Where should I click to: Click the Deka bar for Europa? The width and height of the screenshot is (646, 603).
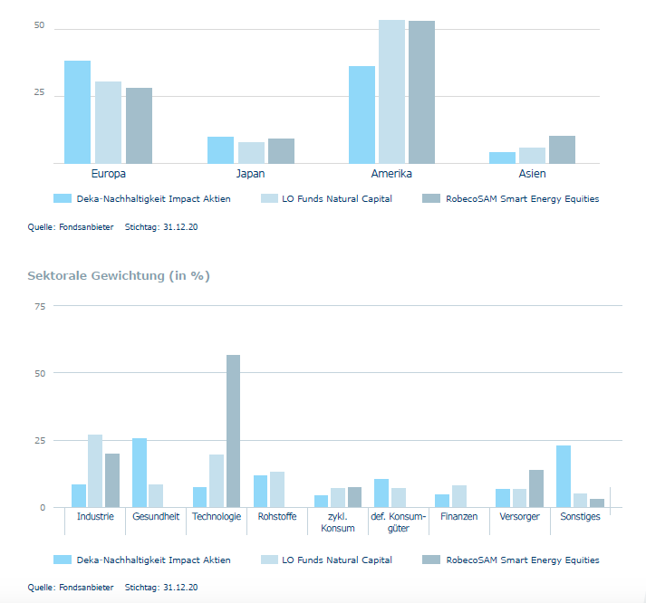[77, 112]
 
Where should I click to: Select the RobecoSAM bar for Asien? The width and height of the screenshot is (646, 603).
[562, 149]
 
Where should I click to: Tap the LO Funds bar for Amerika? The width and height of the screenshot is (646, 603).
[391, 91]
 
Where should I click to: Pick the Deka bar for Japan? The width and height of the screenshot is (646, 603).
[220, 150]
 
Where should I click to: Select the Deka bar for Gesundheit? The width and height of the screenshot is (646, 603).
[140, 473]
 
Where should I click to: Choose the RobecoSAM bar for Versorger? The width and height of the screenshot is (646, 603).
[535, 489]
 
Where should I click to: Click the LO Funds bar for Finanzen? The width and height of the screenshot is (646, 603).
[459, 496]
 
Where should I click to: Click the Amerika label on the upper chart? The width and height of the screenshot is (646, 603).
[391, 174]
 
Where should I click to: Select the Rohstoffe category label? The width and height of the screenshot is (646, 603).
[276, 517]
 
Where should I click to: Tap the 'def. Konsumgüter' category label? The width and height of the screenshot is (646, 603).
[398, 522]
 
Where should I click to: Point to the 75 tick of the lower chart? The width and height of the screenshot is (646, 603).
[39, 307]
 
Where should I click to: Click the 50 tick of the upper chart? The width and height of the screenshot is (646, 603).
[39, 26]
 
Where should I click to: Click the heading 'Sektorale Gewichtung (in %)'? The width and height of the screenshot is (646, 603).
[119, 275]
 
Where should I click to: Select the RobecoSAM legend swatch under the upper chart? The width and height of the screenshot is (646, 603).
[431, 198]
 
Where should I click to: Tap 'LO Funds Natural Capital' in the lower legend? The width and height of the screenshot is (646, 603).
[336, 560]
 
